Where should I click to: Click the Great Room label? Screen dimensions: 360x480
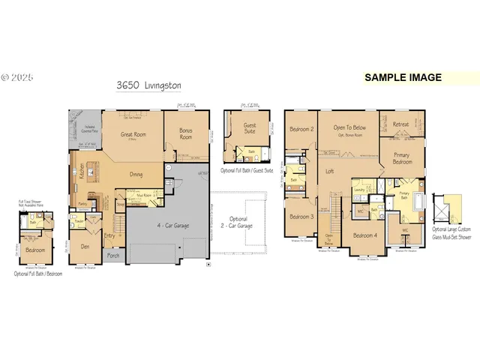(134, 135)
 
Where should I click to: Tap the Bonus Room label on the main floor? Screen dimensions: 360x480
(186, 134)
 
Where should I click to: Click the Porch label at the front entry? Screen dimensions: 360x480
(113, 256)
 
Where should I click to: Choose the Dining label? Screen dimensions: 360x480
(136, 174)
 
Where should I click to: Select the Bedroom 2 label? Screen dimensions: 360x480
(301, 129)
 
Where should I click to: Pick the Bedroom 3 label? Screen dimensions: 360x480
(301, 217)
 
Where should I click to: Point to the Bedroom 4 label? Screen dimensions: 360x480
(365, 235)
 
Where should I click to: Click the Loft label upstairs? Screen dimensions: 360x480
(329, 171)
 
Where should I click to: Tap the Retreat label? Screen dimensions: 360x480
(401, 124)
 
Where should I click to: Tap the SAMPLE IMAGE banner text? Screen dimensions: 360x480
(403, 76)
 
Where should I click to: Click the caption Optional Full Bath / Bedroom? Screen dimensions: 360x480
(38, 274)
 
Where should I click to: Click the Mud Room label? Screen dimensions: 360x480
(136, 193)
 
